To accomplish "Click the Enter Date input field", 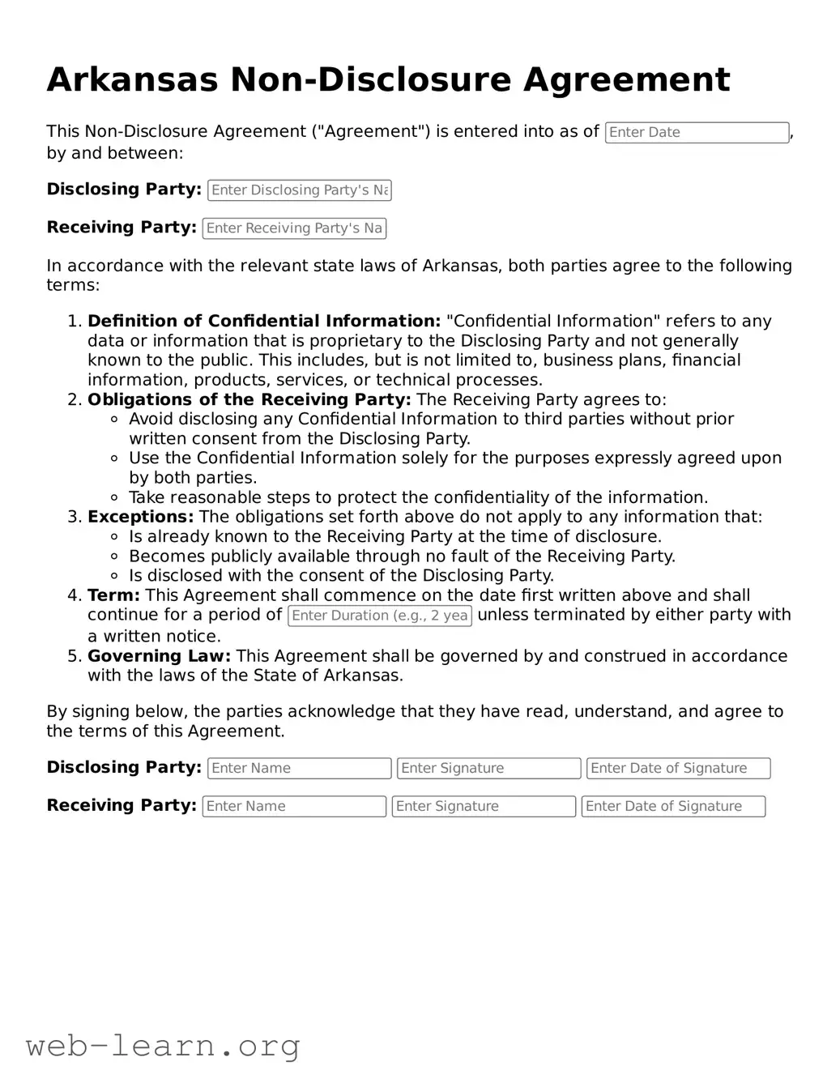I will (x=697, y=133).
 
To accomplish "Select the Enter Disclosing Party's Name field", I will (x=300, y=190).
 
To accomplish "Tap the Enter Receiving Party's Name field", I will (x=294, y=228).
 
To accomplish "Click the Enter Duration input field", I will (x=380, y=616).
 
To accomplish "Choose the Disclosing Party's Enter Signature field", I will (x=488, y=768).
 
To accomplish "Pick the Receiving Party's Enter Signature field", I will (x=484, y=806).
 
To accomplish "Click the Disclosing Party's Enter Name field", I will (x=300, y=768).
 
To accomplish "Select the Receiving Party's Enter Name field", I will (x=294, y=806).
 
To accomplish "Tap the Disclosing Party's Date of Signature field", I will (x=678, y=768).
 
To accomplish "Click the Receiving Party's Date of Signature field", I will (x=673, y=806).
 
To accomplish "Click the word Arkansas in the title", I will (x=132, y=79).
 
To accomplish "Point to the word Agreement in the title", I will (x=625, y=79).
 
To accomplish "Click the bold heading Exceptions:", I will (x=140, y=517).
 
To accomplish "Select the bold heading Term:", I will (x=113, y=595).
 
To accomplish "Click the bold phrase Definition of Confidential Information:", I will (x=264, y=322).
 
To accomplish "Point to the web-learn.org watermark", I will (x=163, y=1046).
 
